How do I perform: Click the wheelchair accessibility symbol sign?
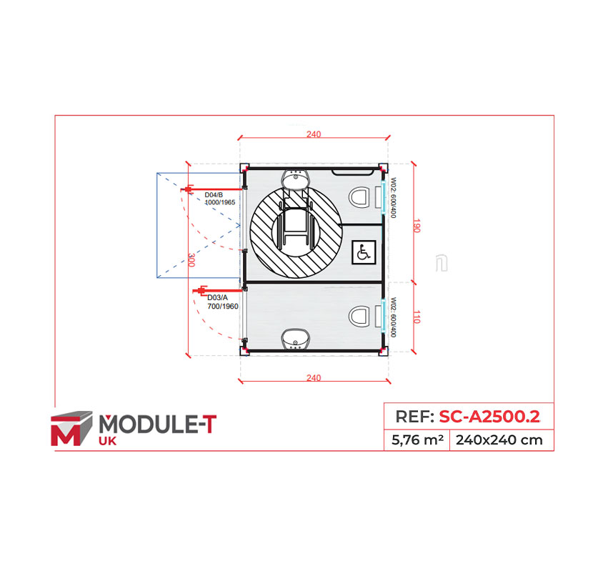coord(363,252)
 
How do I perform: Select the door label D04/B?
coord(214,195)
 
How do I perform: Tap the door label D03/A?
coord(217,297)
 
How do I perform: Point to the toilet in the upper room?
coord(362,196)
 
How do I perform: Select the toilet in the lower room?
coord(362,315)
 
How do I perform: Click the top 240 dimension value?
coord(314,134)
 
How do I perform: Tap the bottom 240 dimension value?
coord(313,378)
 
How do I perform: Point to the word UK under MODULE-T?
coord(107,442)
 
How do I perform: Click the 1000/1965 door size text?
coord(219,202)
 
